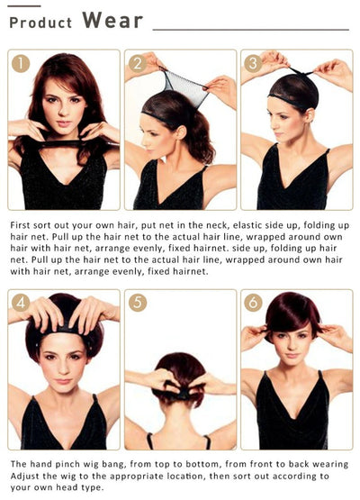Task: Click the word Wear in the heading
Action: point(112,20)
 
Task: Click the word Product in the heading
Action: point(40,23)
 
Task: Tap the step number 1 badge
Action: point(21,63)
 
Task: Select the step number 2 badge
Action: point(138,63)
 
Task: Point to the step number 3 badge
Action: point(253,63)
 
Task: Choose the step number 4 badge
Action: point(21,303)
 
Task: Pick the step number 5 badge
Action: point(138,303)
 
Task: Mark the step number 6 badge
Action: point(253,303)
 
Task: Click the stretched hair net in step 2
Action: point(184,86)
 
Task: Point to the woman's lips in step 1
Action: point(64,123)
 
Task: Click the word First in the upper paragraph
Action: point(21,225)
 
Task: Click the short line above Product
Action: point(24,6)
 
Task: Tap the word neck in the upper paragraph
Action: point(217,225)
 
